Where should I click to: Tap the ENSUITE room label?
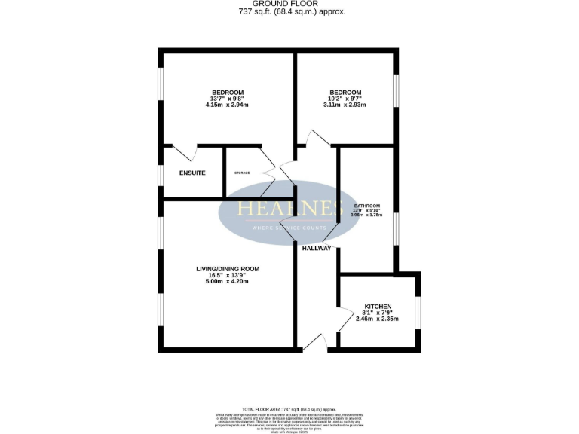(192, 173)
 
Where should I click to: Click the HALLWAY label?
(317, 248)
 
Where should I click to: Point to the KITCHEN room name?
(378, 307)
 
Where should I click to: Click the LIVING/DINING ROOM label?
(228, 269)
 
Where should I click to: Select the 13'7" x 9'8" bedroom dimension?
(227, 99)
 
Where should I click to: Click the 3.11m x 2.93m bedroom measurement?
(345, 105)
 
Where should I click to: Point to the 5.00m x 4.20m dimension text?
(228, 282)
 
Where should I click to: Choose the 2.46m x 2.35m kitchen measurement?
(378, 319)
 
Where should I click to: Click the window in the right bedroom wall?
(395, 96)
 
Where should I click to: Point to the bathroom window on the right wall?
(395, 229)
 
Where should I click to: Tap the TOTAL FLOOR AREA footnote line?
(289, 408)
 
